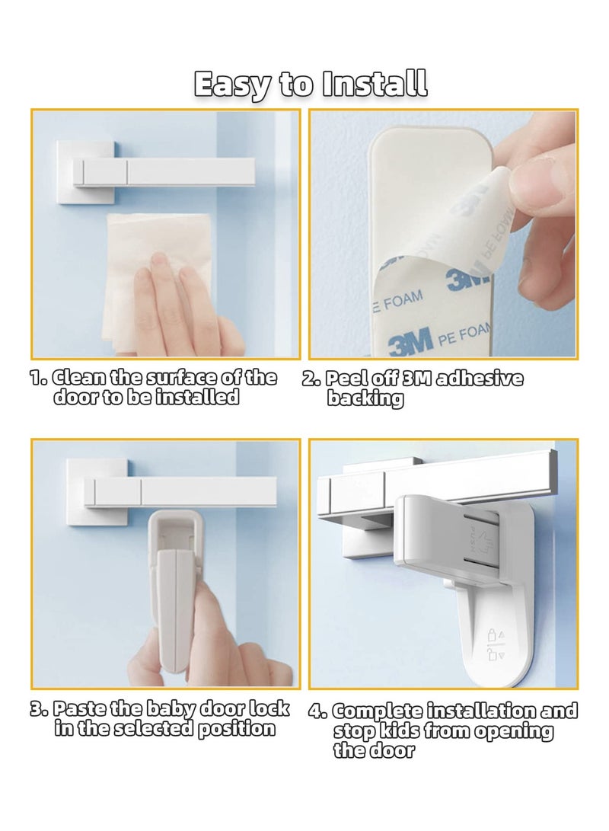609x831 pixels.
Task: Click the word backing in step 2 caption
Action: pos(365,398)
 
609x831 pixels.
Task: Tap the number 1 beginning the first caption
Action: pos(37,379)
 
